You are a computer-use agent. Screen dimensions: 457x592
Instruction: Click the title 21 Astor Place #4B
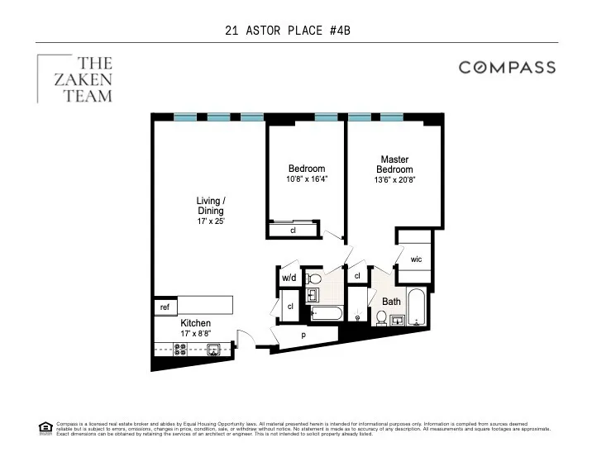[x=294, y=31]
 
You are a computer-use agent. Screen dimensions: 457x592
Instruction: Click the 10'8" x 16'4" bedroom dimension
[x=307, y=179]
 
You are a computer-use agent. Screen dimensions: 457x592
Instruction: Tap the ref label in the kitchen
[x=165, y=307]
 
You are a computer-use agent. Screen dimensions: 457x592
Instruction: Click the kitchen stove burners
[x=165, y=350]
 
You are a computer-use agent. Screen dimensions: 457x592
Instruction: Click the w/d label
[x=289, y=278]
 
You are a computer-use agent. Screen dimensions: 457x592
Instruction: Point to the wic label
[x=416, y=259]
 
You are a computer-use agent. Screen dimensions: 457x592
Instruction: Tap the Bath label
[x=390, y=302]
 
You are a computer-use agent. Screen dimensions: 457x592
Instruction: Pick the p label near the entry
[x=303, y=335]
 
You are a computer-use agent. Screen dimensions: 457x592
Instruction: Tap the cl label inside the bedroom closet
[x=293, y=230]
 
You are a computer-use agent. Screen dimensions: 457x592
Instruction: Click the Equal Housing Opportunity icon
[x=45, y=427]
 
